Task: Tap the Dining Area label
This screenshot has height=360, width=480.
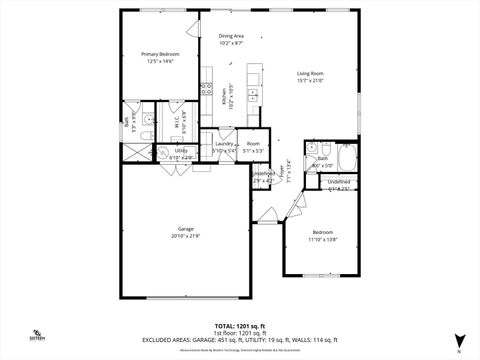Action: pos(232,36)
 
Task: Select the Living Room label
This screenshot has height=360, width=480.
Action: pos(309,73)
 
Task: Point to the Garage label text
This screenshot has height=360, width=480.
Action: pos(186,228)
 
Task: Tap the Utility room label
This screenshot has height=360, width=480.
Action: pos(181,151)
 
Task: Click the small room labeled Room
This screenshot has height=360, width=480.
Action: pos(253,144)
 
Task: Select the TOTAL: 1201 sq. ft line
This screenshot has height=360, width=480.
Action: pos(239,326)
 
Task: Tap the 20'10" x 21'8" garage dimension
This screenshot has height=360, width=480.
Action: pos(186,236)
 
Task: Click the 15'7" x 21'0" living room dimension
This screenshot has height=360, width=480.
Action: pos(309,81)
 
